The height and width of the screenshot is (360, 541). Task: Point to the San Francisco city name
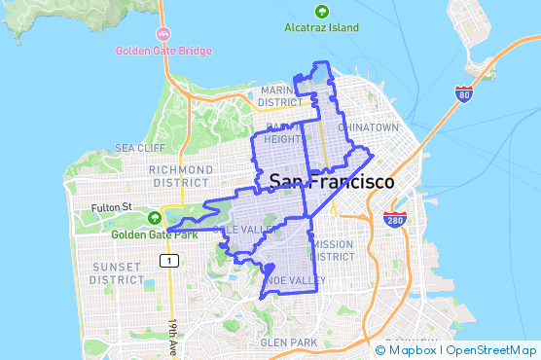click(332, 182)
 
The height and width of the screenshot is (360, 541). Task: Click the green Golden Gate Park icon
click(155, 217)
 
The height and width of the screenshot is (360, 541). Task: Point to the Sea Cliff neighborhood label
click(140, 148)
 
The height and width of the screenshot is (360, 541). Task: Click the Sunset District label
click(117, 272)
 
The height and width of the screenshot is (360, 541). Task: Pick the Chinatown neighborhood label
click(369, 127)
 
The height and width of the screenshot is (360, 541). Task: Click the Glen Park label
click(289, 342)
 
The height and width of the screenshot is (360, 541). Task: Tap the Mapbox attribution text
click(413, 350)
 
